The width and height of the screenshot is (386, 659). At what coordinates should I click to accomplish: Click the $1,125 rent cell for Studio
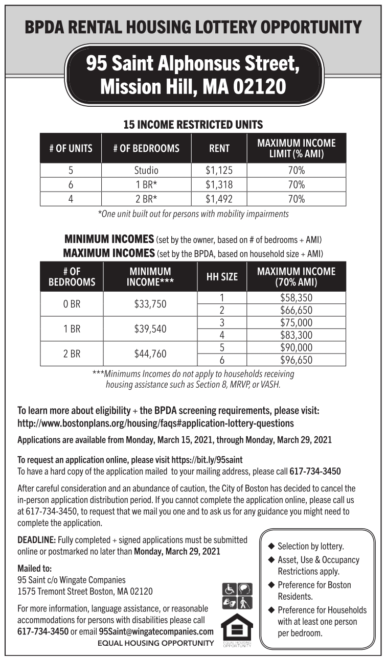coord(219,170)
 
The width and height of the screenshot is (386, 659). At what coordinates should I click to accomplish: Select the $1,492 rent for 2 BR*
coord(219,199)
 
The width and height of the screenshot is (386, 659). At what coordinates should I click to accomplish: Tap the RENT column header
coord(219,149)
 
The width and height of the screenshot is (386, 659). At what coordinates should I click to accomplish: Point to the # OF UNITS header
coord(71,149)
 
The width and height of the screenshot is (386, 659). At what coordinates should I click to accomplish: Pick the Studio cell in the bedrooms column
coord(146,170)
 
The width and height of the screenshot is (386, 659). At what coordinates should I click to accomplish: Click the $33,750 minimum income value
coord(150,304)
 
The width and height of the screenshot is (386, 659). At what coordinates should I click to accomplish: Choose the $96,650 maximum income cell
coord(296,360)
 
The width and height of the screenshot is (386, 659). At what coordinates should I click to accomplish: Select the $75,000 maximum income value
coord(296,323)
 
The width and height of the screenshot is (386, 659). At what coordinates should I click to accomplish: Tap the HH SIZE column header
coord(222,277)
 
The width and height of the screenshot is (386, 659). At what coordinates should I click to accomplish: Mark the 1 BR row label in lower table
coord(72,329)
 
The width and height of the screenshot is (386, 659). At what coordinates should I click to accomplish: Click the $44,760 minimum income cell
coord(150,354)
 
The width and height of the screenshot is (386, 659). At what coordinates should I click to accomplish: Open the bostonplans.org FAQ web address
coord(155,423)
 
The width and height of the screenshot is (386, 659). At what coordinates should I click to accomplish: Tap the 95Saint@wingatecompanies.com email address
coord(156,631)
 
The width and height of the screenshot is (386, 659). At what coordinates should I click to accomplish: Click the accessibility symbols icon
coord(236,596)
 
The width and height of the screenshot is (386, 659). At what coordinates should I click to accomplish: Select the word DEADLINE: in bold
coord(37,540)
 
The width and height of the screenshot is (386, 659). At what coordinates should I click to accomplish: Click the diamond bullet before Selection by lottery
coord(271,546)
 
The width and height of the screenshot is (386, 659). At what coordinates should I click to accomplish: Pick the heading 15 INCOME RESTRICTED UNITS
coord(193,124)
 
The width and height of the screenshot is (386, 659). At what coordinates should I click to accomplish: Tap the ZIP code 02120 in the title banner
coord(259,86)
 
